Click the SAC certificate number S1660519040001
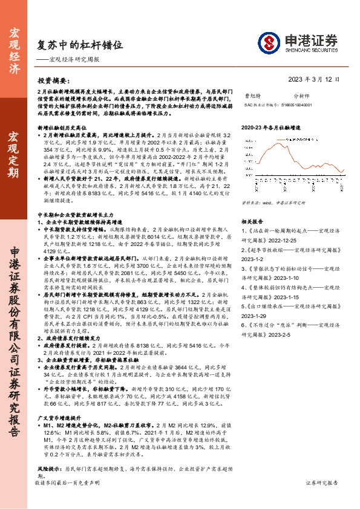(x=278, y=105)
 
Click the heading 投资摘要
(x=54, y=80)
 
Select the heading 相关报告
(x=250, y=222)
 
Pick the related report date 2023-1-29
(x=255, y=315)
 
